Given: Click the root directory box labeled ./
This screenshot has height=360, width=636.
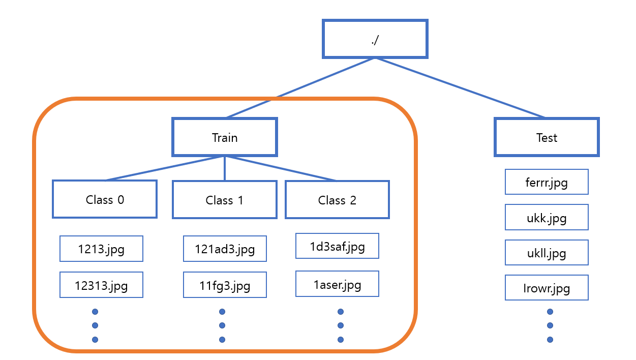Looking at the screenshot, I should [375, 39].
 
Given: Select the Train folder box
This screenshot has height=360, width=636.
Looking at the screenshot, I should [225, 137].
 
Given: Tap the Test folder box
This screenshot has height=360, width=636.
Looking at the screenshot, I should [547, 137].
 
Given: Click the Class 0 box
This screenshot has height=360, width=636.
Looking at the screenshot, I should [105, 199].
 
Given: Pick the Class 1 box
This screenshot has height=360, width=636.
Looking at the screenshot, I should [225, 200].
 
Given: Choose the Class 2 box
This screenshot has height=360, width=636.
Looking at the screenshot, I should [337, 200].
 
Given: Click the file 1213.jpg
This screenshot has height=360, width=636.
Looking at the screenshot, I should [101, 249].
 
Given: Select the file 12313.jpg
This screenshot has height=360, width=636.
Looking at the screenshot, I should [101, 285].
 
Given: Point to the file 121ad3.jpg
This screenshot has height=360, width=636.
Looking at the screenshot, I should [225, 249].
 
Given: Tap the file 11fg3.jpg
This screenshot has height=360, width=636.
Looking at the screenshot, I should [225, 285].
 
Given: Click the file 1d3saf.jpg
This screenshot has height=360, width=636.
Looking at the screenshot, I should [337, 246].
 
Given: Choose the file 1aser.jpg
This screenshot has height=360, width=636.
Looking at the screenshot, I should [337, 284].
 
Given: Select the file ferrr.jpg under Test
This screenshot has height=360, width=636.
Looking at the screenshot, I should [547, 182].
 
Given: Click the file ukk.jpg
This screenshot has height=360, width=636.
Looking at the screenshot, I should [547, 218].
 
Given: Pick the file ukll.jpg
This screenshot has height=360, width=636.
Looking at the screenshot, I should [547, 253].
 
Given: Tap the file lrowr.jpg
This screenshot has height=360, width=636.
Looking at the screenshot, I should [547, 288].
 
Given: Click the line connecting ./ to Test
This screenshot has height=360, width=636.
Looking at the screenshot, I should [460, 88].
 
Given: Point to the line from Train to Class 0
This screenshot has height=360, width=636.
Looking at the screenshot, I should [165, 168].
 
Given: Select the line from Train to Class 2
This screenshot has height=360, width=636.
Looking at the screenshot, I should [281, 168].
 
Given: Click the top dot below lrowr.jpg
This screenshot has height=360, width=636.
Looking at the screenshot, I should [550, 312].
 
